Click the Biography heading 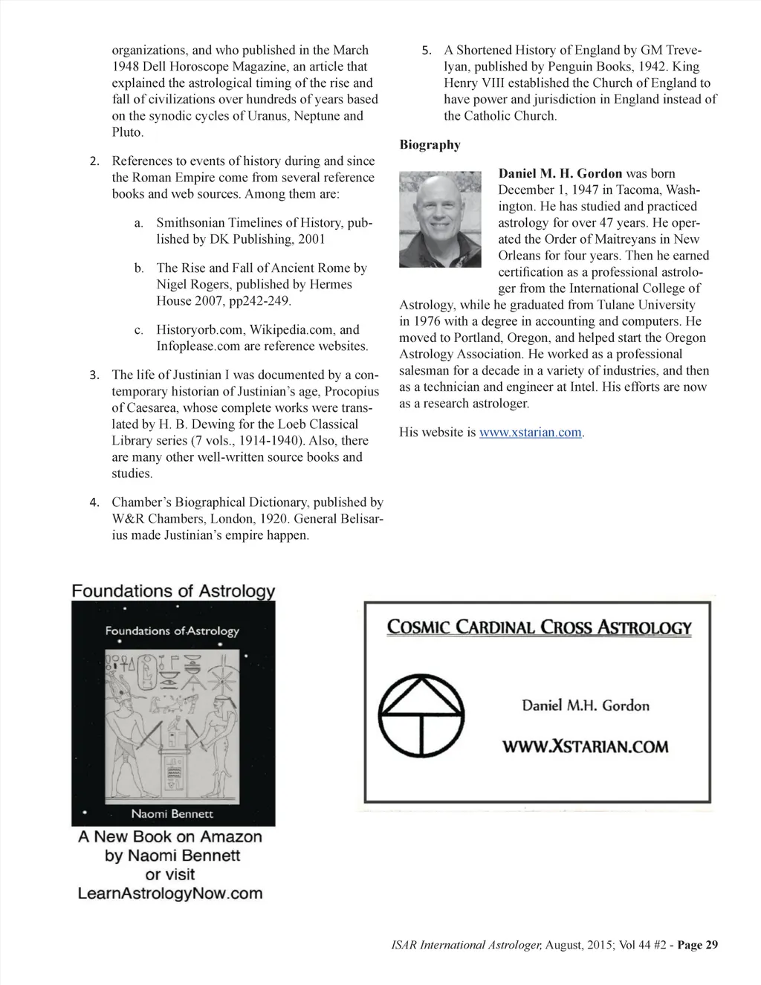click(x=430, y=145)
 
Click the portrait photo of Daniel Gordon click(x=440, y=219)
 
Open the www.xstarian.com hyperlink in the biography click(x=531, y=433)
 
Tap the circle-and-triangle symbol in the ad click(x=421, y=715)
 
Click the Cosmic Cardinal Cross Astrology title click(x=539, y=627)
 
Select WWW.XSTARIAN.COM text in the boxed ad click(x=586, y=746)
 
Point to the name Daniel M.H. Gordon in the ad click(x=586, y=705)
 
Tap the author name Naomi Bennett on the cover click(x=172, y=814)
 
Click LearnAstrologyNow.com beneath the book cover click(x=170, y=893)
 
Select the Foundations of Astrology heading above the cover click(x=173, y=592)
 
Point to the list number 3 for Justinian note click(x=94, y=375)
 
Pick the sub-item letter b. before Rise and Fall click(x=139, y=268)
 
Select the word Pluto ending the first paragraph click(x=126, y=132)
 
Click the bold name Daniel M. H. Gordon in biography click(x=560, y=174)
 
